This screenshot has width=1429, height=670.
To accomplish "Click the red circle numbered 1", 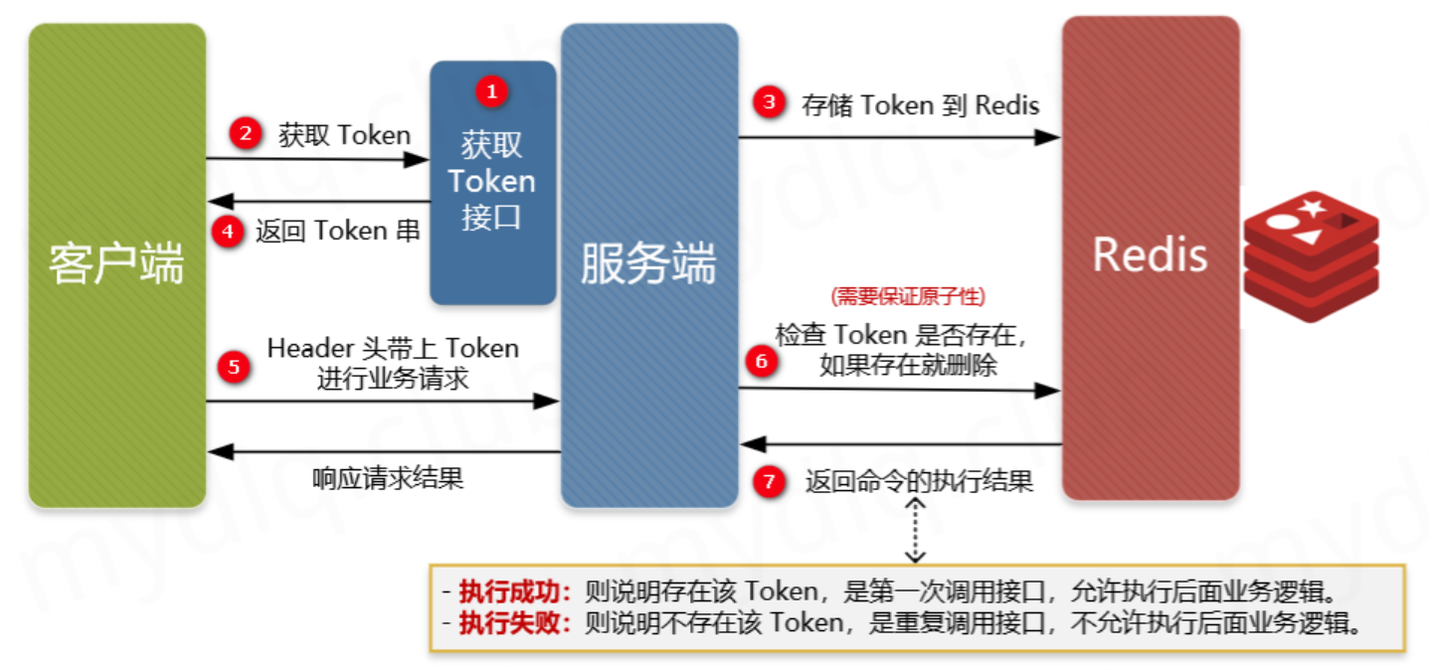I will click(491, 91).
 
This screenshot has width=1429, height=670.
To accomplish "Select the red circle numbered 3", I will click(767, 101).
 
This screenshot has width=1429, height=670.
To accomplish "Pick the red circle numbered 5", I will click(234, 366).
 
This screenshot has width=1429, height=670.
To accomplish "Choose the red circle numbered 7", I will click(768, 482).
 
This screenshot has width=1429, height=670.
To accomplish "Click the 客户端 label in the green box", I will click(117, 263).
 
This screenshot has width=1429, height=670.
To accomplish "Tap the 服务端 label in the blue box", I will click(648, 264).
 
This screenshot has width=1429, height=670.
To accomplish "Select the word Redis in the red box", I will click(1150, 255).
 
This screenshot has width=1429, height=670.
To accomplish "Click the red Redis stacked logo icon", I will click(1311, 258).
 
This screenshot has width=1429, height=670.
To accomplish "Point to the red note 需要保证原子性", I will click(907, 295).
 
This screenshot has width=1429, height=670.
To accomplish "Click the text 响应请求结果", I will click(388, 478).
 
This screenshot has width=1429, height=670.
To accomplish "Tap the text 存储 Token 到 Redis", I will click(920, 105).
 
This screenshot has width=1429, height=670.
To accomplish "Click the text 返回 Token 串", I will click(337, 231).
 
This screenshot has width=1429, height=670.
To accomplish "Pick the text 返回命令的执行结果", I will click(919, 482).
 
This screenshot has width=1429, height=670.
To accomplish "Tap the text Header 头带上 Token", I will click(393, 348).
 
